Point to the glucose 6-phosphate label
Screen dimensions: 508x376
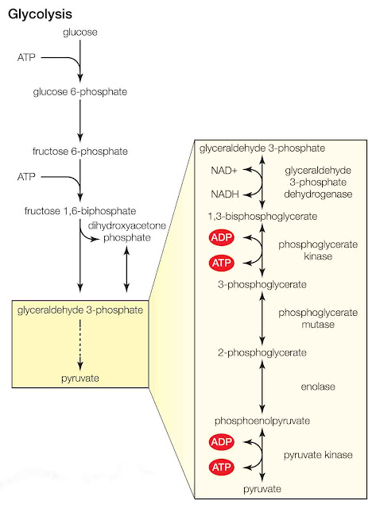[79, 91]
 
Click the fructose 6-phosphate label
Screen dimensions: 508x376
[79, 151]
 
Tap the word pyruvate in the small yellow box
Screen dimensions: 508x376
[79, 379]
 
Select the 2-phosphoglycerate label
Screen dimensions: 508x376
[262, 352]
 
